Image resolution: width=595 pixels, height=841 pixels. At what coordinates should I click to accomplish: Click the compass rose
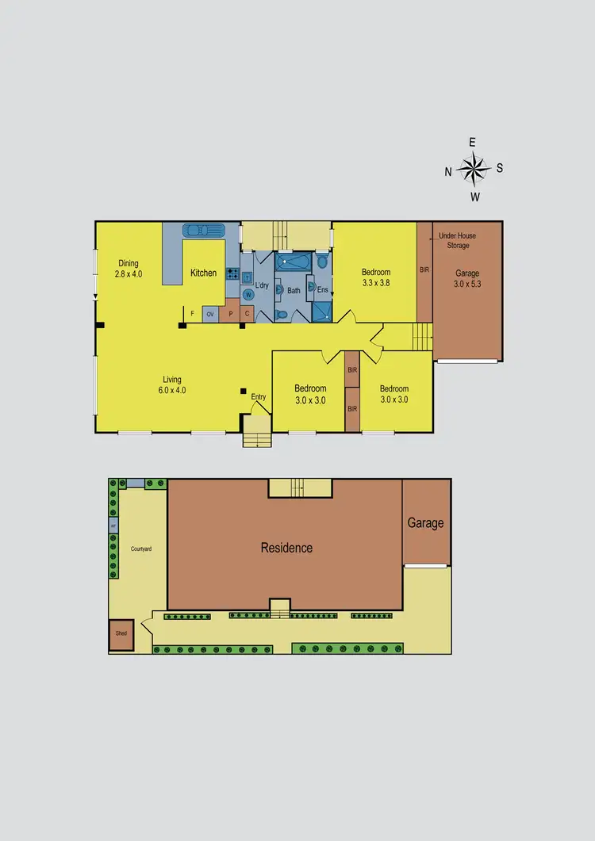tap(474, 168)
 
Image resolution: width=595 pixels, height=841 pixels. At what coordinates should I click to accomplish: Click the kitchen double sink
tap(205, 231)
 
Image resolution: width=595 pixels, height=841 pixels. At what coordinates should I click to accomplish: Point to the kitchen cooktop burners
tap(232, 274)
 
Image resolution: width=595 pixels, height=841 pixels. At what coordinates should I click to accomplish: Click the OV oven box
tap(210, 315)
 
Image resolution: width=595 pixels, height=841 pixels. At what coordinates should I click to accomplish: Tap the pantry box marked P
tap(230, 315)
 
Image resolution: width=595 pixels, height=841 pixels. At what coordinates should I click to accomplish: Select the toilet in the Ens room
tap(322, 261)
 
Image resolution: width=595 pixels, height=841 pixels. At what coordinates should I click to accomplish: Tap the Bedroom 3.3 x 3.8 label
tap(375, 277)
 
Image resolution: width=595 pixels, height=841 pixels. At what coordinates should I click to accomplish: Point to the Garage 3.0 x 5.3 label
tap(467, 278)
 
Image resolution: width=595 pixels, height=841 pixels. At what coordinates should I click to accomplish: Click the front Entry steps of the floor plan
tap(257, 434)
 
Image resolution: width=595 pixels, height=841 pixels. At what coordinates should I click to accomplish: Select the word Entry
tap(259, 397)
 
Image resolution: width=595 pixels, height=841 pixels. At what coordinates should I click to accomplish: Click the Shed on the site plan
tap(121, 634)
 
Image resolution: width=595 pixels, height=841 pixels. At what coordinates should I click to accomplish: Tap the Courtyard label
tap(141, 549)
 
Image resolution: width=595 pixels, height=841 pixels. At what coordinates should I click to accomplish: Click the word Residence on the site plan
tap(286, 548)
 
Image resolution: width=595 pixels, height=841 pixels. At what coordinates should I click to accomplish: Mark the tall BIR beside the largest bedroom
tap(424, 270)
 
